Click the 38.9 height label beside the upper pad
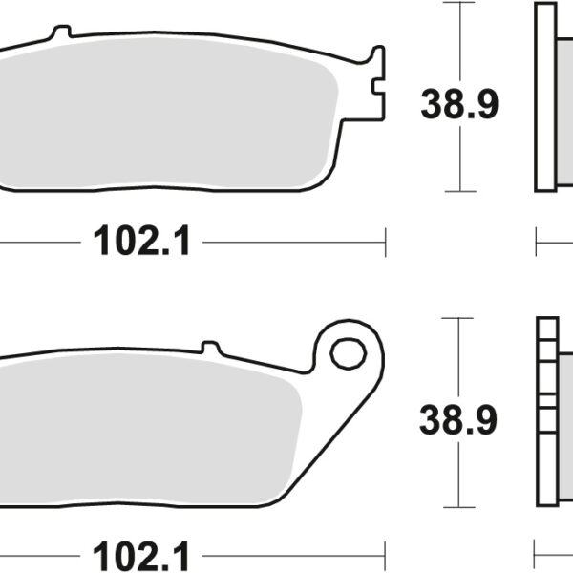click(459, 104)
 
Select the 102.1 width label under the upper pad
click(142, 243)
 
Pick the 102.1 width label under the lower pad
click(142, 554)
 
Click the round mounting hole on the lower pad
click(347, 352)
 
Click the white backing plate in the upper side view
click(545, 95)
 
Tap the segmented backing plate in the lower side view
click(546, 415)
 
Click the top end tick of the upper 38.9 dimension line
click(460, 3)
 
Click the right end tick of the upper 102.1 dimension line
click(385, 243)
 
